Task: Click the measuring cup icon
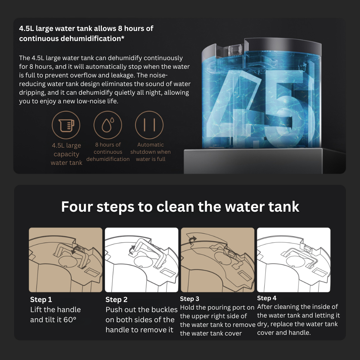66,125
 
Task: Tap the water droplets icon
108,125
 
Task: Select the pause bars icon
149,125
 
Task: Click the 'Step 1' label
41,300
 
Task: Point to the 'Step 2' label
116,300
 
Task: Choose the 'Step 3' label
190,299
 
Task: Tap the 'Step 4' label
267,298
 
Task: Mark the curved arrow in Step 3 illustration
192,240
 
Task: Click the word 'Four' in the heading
77,207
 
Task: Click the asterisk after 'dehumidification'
123,37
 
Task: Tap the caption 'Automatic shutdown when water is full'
150,152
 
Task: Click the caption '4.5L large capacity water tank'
66,154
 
